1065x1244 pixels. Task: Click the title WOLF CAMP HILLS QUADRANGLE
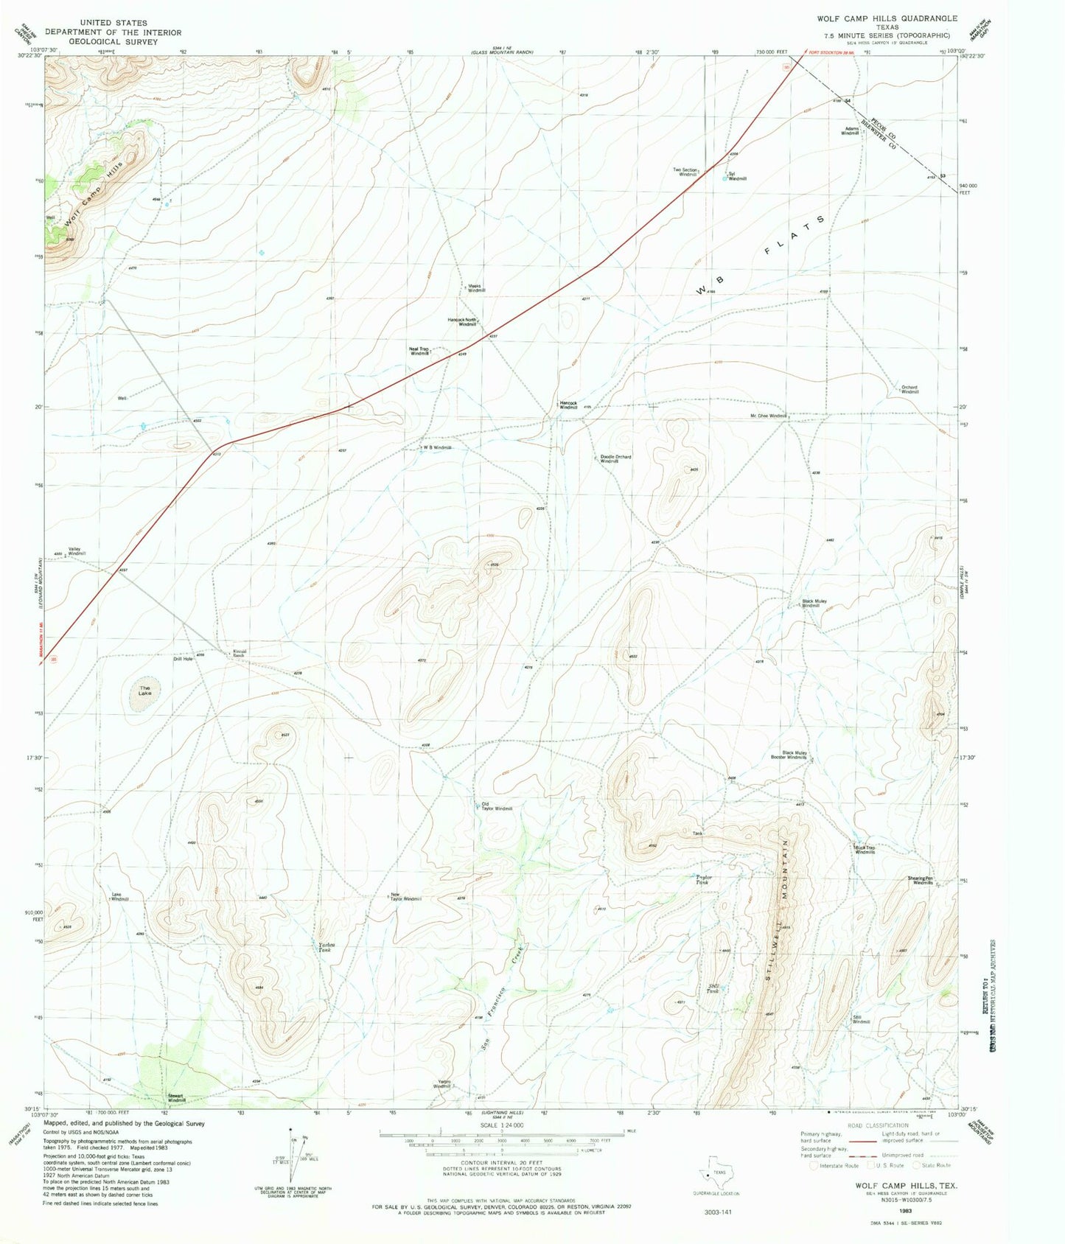click(886, 18)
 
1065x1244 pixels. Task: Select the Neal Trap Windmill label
click(420, 352)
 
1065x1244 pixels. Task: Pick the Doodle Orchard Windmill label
click(615, 458)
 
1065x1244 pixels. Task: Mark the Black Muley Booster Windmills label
click(789, 755)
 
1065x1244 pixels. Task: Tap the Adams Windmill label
click(851, 131)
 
